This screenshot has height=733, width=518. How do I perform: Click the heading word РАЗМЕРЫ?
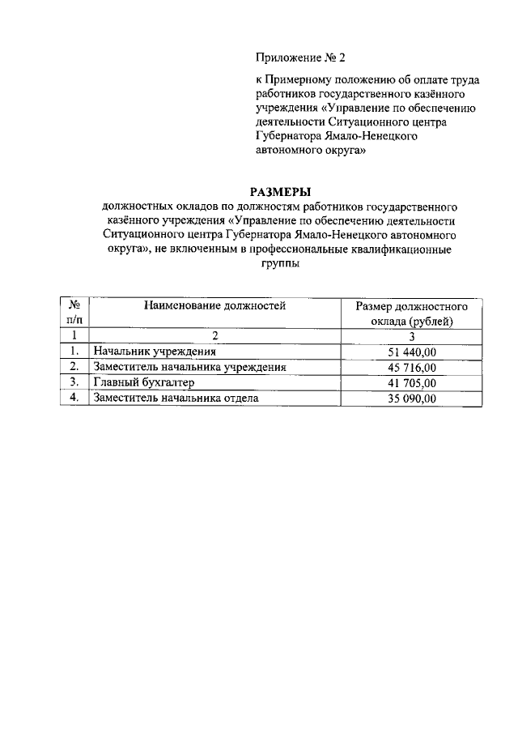[281, 192]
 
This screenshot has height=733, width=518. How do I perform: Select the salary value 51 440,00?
[413, 352]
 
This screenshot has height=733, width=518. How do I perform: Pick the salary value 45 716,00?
[413, 367]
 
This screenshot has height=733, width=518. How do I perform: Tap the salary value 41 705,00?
[413, 382]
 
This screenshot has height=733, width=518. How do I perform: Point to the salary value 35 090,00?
[413, 398]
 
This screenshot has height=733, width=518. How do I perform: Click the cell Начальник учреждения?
[154, 352]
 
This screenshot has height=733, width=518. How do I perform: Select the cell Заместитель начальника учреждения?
[190, 367]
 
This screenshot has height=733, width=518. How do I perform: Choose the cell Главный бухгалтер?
[145, 382]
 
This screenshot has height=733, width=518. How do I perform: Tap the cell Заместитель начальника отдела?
[176, 398]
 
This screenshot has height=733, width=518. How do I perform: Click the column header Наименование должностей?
[215, 306]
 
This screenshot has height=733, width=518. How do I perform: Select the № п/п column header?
[74, 313]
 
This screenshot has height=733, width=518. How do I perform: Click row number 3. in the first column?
[74, 382]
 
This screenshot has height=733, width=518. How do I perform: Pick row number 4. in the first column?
[74, 398]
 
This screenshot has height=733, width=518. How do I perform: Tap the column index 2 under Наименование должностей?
[215, 336]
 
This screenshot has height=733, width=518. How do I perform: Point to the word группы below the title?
[280, 264]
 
